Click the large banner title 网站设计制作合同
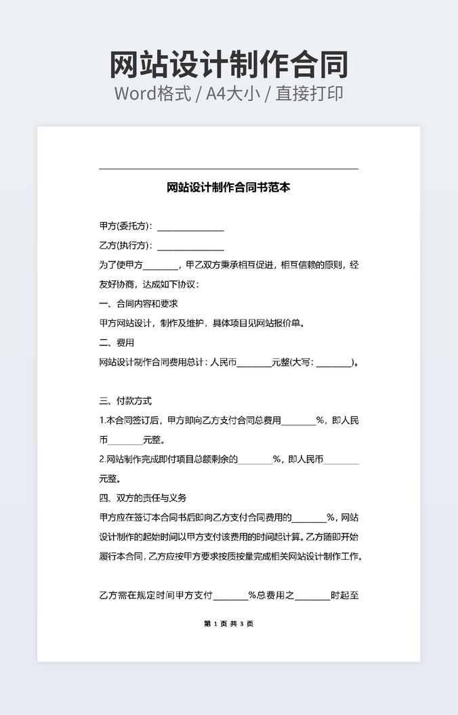click(229, 64)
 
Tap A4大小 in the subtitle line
click(233, 93)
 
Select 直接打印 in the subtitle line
click(309, 93)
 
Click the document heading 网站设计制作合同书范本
click(228, 188)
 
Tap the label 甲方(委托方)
click(125, 226)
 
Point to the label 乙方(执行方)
click(125, 245)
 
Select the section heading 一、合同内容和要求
click(138, 303)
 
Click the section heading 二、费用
click(117, 343)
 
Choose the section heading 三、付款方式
click(125, 401)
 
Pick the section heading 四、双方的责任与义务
click(142, 498)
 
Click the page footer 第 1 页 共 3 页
click(228, 624)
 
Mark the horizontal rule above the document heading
click(228, 169)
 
